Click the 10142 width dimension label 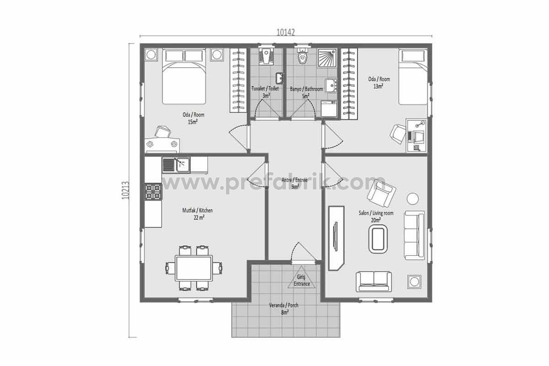pyautogui.click(x=285, y=32)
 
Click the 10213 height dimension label pyautogui.click(x=125, y=190)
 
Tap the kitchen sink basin pyautogui.click(x=183, y=165)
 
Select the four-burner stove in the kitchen pyautogui.click(x=153, y=192)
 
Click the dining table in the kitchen pyautogui.click(x=194, y=268)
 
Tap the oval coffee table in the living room pyautogui.click(x=378, y=239)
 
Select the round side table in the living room pyautogui.click(x=413, y=199)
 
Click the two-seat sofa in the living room pyautogui.click(x=373, y=281)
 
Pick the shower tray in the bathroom pyautogui.click(x=327, y=58)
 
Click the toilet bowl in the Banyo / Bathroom pyautogui.click(x=303, y=56)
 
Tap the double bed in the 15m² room pyautogui.click(x=184, y=77)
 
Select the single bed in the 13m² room pyautogui.click(x=413, y=77)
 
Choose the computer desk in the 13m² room pyautogui.click(x=416, y=136)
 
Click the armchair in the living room pyautogui.click(x=382, y=194)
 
